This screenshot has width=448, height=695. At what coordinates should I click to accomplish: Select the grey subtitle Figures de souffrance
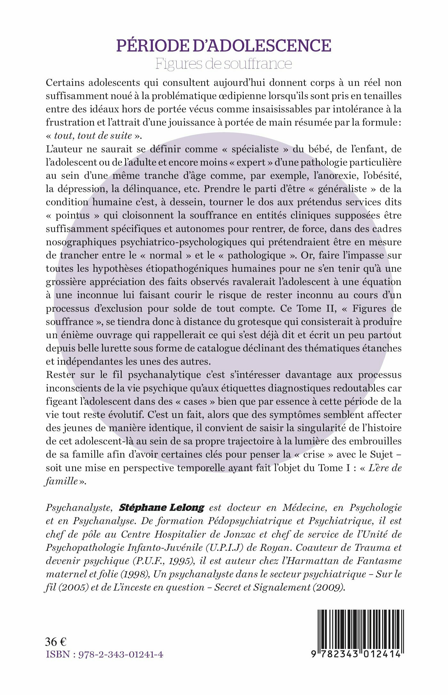point(224,63)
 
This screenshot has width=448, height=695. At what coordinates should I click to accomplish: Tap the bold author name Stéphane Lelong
point(162,508)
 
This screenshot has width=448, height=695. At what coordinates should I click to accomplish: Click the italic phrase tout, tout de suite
point(93,136)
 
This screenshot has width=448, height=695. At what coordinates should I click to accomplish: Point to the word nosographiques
point(82,242)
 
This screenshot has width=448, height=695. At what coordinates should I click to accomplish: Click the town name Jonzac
point(250,534)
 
